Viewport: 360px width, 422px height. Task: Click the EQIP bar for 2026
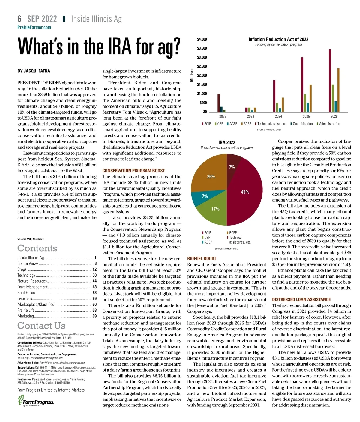[x=330, y=80]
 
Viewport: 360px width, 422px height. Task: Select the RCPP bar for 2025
[x=310, y=98]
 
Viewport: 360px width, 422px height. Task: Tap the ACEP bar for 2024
[x=280, y=110]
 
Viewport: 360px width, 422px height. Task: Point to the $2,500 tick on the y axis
[x=202, y=66]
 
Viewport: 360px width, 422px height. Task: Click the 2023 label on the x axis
[x=250, y=117]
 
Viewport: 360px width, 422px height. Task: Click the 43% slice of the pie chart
[x=244, y=195]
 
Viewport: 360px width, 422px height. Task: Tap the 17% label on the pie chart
[x=215, y=209]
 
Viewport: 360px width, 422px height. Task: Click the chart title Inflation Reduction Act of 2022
[x=278, y=39]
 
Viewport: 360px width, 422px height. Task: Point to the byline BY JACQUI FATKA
[x=34, y=71]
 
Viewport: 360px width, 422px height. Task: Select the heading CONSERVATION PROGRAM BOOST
[x=133, y=171]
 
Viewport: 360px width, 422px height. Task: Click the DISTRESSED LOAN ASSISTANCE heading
[x=301, y=299]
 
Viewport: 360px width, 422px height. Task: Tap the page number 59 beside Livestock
[x=94, y=299]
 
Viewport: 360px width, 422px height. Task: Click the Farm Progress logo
[x=36, y=401]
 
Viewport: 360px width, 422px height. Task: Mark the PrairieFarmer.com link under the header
[x=34, y=27]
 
